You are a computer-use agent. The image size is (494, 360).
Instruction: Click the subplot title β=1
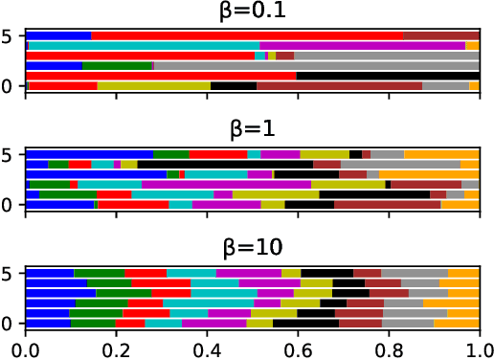pos(252,131)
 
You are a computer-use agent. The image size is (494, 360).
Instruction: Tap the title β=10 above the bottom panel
pos(252,248)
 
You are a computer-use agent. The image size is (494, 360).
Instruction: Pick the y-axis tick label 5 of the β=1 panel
pos(11,154)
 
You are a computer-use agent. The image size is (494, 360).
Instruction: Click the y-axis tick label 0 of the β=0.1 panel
pos(11,86)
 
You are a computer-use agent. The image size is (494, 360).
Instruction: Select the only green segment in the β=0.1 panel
pos(118,66)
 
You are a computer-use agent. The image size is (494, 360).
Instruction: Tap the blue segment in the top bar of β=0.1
pos(58,35)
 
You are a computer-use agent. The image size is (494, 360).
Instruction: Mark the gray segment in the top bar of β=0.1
pos(440,35)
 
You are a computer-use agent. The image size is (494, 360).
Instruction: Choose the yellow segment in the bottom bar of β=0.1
pos(153,86)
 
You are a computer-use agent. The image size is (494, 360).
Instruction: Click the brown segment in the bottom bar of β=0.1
pos(339,86)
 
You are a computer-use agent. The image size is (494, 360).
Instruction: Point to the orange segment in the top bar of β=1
pos(441,154)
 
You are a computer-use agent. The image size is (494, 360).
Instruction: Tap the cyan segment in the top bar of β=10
pos(191,273)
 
